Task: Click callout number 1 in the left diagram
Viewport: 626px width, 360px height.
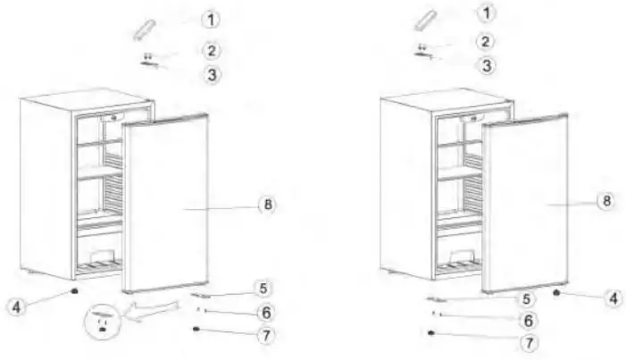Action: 211,19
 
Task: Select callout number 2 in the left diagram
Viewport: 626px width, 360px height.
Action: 211,51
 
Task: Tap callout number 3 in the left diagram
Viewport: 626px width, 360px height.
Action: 211,75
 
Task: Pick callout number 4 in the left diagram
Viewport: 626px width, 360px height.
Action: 15,306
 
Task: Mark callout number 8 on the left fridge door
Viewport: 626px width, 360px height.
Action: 265,205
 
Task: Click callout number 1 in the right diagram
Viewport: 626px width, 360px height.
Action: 485,13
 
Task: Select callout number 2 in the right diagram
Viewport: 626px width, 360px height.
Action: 483,41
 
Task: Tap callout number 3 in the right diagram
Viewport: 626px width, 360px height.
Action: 485,65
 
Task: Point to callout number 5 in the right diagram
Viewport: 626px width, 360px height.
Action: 527,300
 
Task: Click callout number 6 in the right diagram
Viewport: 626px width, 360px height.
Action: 528,320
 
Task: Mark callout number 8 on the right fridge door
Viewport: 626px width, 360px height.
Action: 605,201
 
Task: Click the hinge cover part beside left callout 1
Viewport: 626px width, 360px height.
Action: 145,28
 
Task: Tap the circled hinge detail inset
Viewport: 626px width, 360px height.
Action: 105,322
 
